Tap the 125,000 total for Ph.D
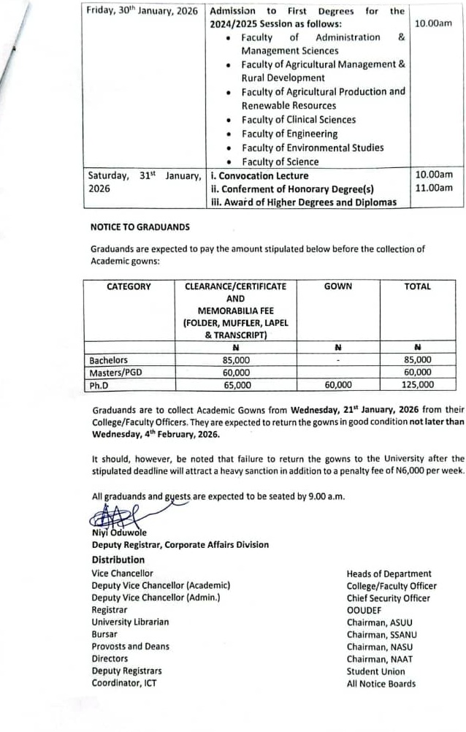[x=417, y=384]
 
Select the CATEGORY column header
[x=129, y=287]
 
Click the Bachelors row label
[x=108, y=360]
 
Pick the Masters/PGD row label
[x=115, y=373]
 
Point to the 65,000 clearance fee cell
[x=237, y=385]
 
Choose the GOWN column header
[x=337, y=287]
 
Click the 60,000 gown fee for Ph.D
[x=337, y=385]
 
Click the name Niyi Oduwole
[x=120, y=533]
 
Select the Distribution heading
[x=118, y=560]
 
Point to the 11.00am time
[x=434, y=188]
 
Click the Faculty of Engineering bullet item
[x=289, y=134]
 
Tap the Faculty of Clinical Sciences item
[x=299, y=120]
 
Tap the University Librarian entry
[x=130, y=622]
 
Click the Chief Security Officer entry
[x=388, y=598]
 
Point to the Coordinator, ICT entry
[x=123, y=684]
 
